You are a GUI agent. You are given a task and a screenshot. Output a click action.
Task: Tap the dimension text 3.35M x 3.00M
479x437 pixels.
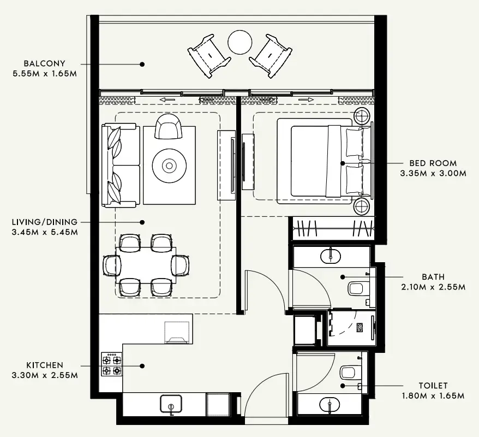(x=433, y=173)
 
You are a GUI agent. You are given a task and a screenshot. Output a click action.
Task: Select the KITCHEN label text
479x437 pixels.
(x=44, y=365)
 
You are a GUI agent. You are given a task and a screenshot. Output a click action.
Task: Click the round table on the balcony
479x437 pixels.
(x=239, y=42)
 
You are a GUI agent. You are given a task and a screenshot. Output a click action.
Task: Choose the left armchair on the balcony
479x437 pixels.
(x=208, y=55)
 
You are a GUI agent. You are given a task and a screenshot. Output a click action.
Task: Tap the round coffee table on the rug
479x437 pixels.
(x=169, y=165)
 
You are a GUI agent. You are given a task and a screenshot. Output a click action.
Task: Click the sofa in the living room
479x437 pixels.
(x=121, y=165)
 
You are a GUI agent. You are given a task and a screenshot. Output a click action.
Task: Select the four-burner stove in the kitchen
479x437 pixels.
(x=111, y=365)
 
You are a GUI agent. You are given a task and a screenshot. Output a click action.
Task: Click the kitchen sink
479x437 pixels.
(x=171, y=404)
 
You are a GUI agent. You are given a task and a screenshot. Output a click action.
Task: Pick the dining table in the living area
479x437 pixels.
(x=145, y=265)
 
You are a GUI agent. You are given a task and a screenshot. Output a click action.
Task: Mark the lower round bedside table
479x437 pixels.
(x=361, y=207)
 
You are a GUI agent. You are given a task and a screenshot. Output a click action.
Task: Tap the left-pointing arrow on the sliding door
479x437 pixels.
(x=167, y=100)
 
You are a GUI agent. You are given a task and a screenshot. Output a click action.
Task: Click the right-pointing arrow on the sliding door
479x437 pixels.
(x=306, y=100)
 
